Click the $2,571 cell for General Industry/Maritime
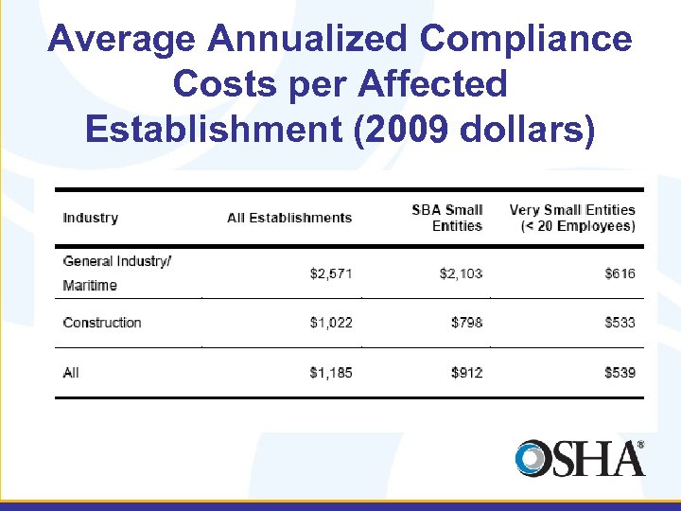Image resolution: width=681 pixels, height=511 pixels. [331, 273]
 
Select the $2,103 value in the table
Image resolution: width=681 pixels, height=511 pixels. [461, 273]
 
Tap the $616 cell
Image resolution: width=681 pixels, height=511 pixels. [620, 273]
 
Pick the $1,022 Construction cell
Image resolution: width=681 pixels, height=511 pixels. [331, 323]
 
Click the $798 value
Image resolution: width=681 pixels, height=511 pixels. [466, 323]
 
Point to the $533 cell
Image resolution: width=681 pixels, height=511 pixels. [620, 323]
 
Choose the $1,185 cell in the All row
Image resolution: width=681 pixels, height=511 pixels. [331, 373]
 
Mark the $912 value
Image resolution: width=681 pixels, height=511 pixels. [466, 373]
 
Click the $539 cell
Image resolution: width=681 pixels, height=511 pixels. [620, 373]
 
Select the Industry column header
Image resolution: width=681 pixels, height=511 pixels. [91, 218]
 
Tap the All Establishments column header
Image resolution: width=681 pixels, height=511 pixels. [289, 218]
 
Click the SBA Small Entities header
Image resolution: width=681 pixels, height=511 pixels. [447, 218]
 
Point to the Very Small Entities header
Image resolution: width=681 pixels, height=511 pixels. [572, 218]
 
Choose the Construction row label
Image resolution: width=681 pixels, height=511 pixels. [102, 323]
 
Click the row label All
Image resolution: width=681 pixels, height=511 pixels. [71, 373]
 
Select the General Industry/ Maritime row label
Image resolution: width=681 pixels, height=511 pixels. [116, 273]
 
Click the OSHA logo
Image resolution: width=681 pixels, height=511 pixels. [580, 458]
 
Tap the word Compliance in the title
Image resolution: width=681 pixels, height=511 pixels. [526, 40]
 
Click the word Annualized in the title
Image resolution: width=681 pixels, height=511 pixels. [309, 40]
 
